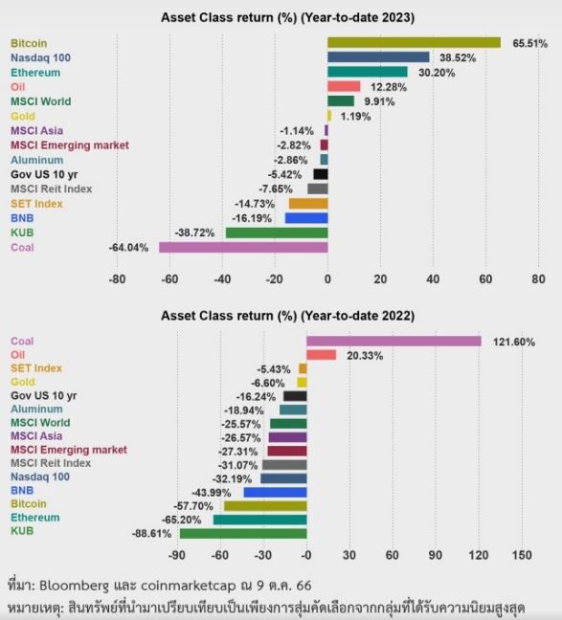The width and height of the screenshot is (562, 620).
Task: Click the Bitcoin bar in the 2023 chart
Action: click(x=414, y=43)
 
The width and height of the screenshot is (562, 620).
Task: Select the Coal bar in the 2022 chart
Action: click(x=393, y=342)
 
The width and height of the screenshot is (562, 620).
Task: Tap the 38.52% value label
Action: click(x=458, y=57)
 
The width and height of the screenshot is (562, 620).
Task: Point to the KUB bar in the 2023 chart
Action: click(x=277, y=232)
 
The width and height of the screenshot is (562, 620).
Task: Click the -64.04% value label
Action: click(x=128, y=248)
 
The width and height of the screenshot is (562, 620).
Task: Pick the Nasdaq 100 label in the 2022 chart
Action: click(x=40, y=476)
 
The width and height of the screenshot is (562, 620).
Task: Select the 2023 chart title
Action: click(x=288, y=18)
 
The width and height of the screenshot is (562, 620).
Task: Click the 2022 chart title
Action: click(x=288, y=316)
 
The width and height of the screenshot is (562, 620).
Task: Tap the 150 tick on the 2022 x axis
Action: click(x=522, y=555)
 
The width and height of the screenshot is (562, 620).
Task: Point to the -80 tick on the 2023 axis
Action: click(x=117, y=279)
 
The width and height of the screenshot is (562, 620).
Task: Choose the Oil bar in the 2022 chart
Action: click(x=322, y=355)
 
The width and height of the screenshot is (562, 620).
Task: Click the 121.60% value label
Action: click(x=514, y=342)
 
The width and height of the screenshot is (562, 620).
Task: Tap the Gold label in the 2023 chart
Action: click(x=23, y=117)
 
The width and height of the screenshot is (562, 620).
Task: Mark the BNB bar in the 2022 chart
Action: click(x=275, y=493)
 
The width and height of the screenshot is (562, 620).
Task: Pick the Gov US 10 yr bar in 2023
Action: click(x=321, y=174)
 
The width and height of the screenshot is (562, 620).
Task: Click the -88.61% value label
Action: click(x=151, y=534)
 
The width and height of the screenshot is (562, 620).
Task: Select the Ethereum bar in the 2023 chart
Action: click(x=368, y=72)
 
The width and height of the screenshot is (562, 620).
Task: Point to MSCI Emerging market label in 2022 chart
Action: click(x=69, y=450)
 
